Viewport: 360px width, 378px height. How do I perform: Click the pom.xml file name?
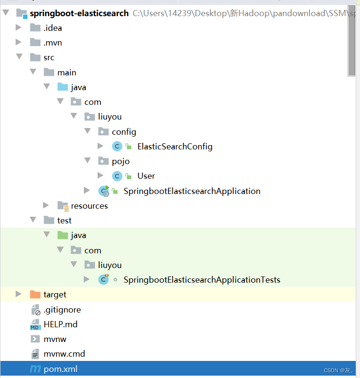(x=60, y=369)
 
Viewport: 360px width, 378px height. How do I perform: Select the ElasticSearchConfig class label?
(x=175, y=147)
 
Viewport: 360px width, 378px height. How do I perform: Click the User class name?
(x=146, y=176)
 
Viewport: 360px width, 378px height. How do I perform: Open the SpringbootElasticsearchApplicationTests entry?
(x=202, y=280)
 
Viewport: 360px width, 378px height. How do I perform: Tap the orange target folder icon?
(x=35, y=295)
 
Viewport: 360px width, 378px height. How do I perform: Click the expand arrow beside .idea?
(x=18, y=28)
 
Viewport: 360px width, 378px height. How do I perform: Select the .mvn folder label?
(x=53, y=43)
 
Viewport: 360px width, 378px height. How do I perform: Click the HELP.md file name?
(x=60, y=324)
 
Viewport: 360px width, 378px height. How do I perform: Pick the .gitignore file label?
(x=62, y=310)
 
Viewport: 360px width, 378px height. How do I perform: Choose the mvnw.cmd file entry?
(x=64, y=354)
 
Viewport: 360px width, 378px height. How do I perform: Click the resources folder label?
(x=89, y=206)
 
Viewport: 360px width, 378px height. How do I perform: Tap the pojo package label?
(x=121, y=161)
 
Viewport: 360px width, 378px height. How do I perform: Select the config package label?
(x=124, y=132)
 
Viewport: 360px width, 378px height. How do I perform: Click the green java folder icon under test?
(x=63, y=235)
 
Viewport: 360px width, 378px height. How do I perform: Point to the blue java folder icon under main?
(x=63, y=87)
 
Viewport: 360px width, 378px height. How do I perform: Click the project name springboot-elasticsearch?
(x=79, y=13)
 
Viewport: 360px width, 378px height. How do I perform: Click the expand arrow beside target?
(x=18, y=295)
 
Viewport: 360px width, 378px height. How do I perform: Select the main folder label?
(x=66, y=73)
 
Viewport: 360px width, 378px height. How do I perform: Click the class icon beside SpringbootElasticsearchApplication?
(x=104, y=191)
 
